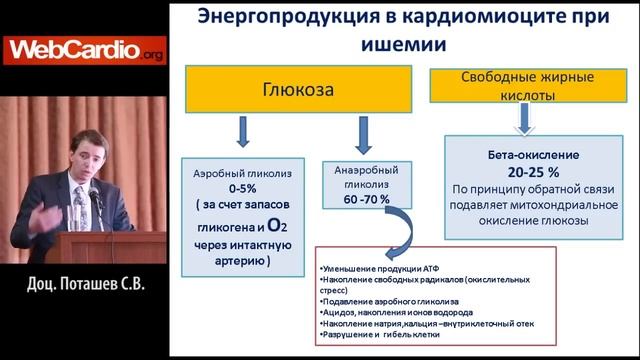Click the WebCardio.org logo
click(x=71, y=51)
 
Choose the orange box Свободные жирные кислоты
click(x=519, y=86)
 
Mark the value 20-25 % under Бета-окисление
click(x=523, y=171)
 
